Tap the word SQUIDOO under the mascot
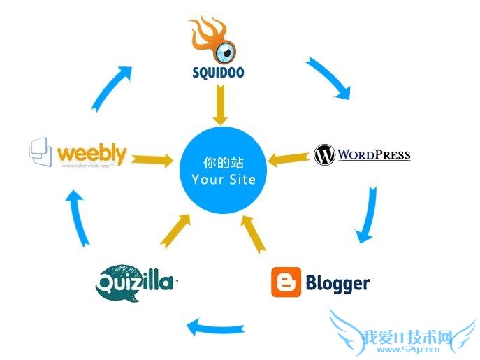218,72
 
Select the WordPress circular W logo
324,154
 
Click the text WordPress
374,154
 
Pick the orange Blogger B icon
286,282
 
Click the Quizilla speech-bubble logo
136,282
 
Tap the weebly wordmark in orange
92,154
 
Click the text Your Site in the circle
223,180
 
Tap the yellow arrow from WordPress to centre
288,160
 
